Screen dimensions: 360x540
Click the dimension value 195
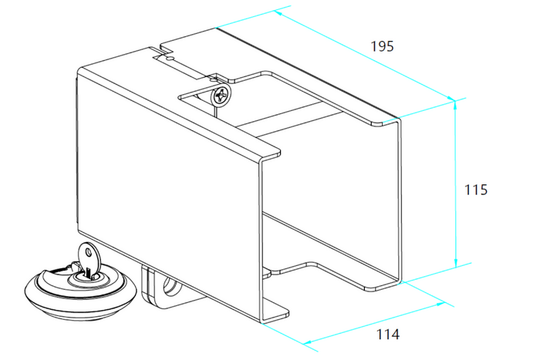pyautogui.click(x=382, y=46)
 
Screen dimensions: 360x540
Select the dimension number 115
pyautogui.click(x=476, y=189)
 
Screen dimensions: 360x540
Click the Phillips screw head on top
pyautogui.click(x=221, y=96)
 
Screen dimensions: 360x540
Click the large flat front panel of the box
pyautogui.click(x=166, y=185)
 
